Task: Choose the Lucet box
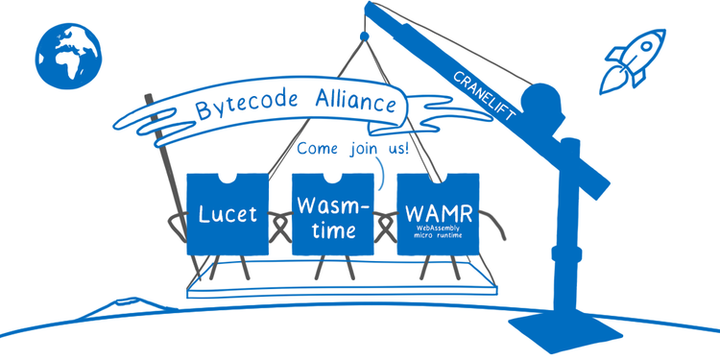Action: [x=228, y=213]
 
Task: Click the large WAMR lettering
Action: [x=438, y=210]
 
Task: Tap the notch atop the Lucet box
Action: [x=228, y=179]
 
